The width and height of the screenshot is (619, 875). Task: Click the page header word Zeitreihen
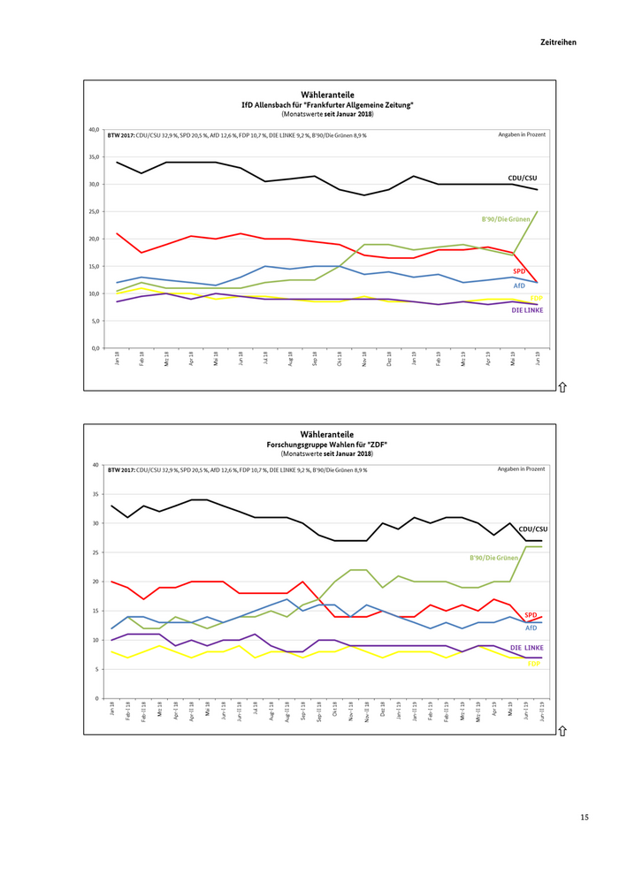click(558, 42)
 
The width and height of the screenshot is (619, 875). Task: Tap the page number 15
click(584, 817)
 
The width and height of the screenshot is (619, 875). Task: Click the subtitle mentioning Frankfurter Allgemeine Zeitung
click(327, 104)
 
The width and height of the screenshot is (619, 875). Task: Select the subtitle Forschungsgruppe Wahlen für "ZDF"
click(327, 444)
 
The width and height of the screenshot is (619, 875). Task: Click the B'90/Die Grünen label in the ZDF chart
click(492, 558)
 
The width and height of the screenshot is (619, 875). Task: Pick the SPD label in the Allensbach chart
click(520, 271)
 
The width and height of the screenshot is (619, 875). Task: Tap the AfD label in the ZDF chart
click(531, 627)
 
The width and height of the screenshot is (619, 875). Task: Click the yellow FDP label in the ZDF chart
click(534, 663)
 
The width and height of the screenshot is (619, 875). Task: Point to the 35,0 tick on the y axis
click(94, 156)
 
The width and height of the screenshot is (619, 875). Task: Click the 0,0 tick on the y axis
click(95, 348)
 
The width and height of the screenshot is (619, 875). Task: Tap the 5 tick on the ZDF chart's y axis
click(96, 669)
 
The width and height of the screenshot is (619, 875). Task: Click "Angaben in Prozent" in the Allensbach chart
click(521, 134)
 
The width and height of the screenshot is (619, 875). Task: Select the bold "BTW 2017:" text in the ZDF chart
click(125, 469)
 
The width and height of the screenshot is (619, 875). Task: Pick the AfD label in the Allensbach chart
click(520, 285)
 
